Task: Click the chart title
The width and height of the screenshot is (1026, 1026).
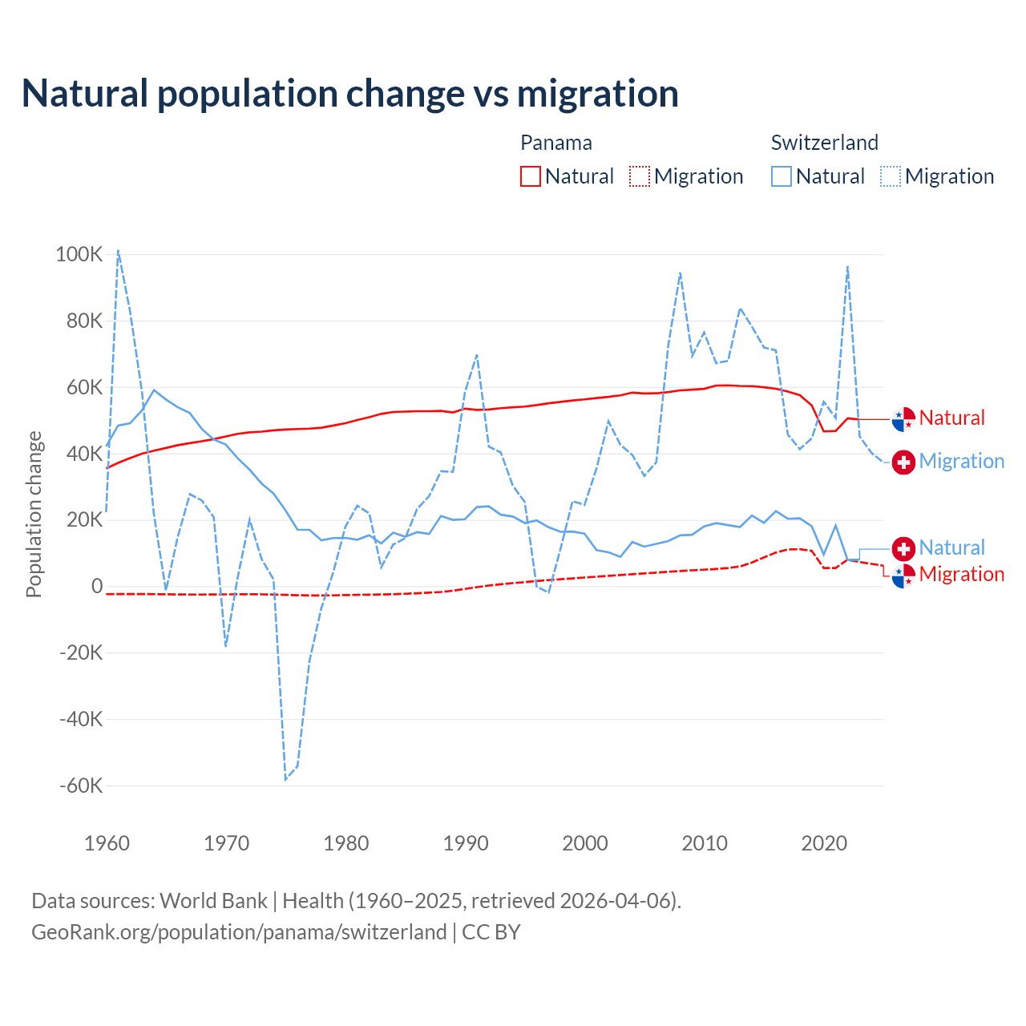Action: point(350,94)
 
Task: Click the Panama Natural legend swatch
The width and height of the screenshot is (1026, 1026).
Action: point(531,176)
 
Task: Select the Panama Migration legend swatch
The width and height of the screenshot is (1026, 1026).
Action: point(640,176)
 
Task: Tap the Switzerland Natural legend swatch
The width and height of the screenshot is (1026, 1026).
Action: point(782,176)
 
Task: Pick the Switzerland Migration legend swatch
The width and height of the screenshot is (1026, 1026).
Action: point(891,176)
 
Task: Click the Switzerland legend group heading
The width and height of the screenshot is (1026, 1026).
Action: point(824,143)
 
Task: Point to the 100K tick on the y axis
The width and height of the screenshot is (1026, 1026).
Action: point(79,255)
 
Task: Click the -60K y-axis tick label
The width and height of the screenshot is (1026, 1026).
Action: point(81,786)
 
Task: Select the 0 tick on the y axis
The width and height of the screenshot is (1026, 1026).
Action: point(97,587)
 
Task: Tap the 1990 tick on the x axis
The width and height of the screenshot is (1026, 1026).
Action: point(466,843)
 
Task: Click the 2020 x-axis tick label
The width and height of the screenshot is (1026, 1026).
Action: point(824,843)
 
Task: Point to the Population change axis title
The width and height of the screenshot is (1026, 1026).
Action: point(34,514)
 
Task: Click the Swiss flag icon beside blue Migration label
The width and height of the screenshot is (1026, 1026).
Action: point(903,462)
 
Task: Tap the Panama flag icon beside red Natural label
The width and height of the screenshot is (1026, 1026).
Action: point(903,418)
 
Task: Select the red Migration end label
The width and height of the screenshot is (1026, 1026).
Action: point(961,574)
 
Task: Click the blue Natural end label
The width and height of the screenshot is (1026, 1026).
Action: point(951,547)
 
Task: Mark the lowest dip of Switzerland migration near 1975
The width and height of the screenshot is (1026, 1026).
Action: point(285,779)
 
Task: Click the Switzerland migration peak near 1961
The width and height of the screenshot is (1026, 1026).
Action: point(118,250)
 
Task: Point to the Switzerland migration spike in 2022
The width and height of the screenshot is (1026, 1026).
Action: point(847,266)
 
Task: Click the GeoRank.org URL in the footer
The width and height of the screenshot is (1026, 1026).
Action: point(239,932)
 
